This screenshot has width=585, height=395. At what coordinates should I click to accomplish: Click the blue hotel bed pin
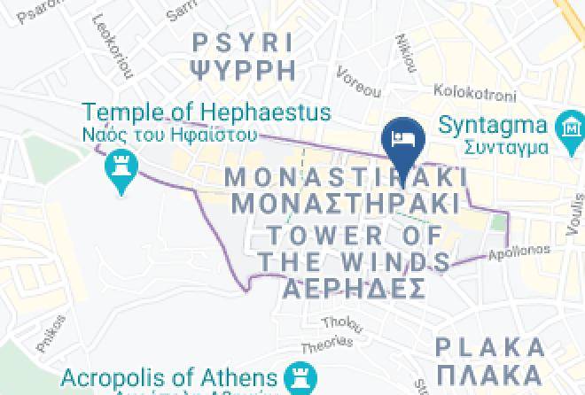click(x=403, y=138)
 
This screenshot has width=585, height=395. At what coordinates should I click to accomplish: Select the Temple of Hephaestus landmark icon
click(x=118, y=166)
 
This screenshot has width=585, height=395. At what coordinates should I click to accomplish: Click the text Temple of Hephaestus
click(x=206, y=112)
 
